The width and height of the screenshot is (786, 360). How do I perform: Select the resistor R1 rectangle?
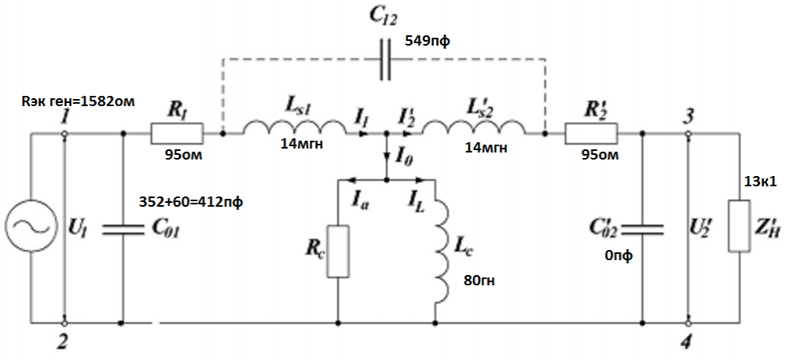click(x=177, y=134)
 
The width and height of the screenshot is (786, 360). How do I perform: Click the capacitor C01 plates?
click(x=123, y=228)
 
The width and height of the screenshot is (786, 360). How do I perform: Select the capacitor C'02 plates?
click(x=643, y=228)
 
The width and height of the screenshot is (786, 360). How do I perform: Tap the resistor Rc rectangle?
click(x=337, y=251)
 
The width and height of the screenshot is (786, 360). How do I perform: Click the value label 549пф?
click(x=428, y=41)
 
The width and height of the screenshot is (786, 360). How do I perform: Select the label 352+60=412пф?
click(x=191, y=203)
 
